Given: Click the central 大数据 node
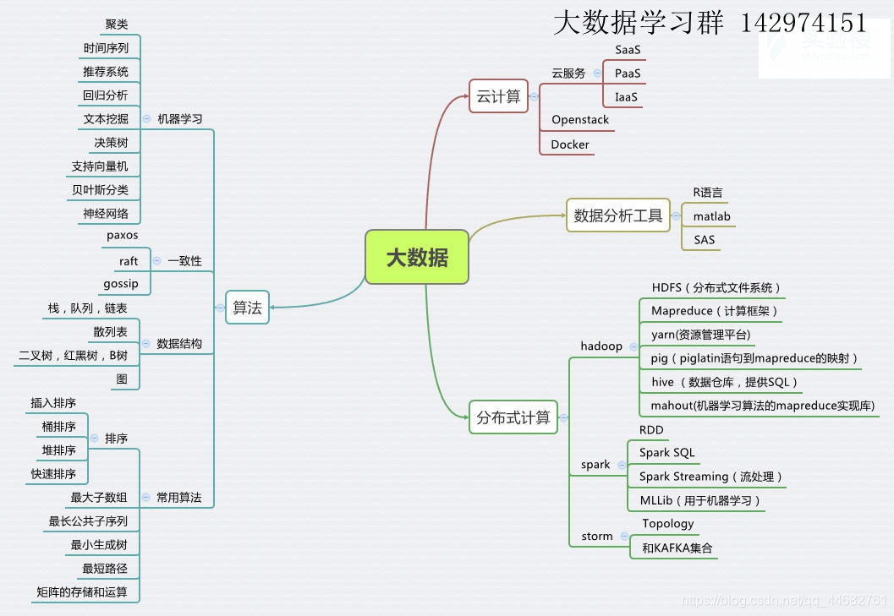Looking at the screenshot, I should click(x=417, y=257).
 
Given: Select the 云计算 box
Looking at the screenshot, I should click(x=498, y=96).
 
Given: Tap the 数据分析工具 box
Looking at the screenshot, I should click(x=617, y=215).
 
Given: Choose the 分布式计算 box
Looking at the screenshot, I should click(x=513, y=417).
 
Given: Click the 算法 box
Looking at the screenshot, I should click(x=247, y=308).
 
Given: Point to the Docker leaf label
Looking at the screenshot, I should click(x=570, y=144).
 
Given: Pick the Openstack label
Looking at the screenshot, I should click(x=580, y=120).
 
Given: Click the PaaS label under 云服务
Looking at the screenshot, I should click(x=628, y=74).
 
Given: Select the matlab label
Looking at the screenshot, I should click(x=711, y=216).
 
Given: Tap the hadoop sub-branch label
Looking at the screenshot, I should click(x=601, y=346).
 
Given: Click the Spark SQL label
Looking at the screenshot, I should click(x=666, y=453).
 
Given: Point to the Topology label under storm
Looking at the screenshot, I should click(x=667, y=524).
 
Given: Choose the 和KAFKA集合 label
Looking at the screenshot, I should click(x=677, y=548).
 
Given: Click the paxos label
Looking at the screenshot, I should click(x=122, y=235).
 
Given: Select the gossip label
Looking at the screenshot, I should click(x=121, y=284).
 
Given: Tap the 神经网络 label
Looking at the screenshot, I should click(x=106, y=214).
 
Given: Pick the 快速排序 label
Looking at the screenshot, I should click(x=53, y=474).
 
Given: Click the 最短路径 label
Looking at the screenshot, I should click(x=105, y=569).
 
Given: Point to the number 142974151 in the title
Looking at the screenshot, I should click(x=804, y=23).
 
